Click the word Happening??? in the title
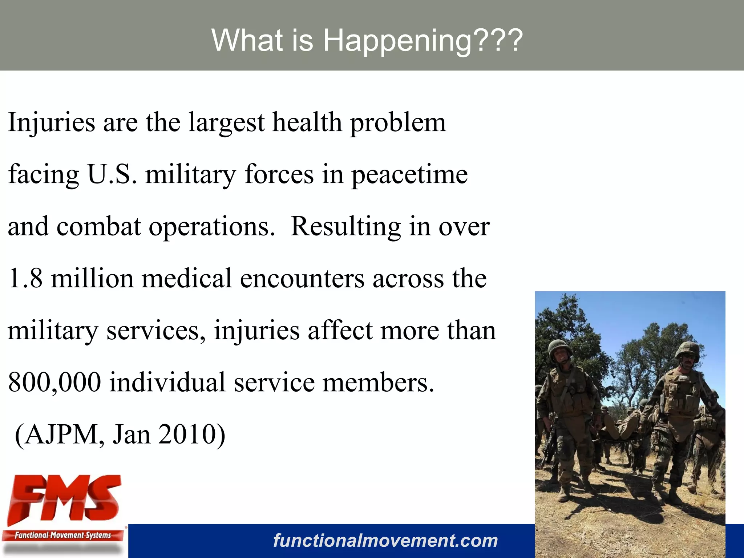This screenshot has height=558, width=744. (x=423, y=41)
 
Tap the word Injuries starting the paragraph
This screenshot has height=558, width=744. (x=51, y=122)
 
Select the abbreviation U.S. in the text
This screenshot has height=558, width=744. (x=112, y=174)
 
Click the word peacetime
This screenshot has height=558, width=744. (x=409, y=175)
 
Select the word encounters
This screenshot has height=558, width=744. (x=302, y=279)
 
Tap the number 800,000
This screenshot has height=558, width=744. (x=54, y=383)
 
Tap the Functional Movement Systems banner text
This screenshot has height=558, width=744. (x=62, y=535)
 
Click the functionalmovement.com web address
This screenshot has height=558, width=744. (x=385, y=541)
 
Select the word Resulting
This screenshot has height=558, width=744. (x=345, y=227)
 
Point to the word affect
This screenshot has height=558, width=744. (x=340, y=331)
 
